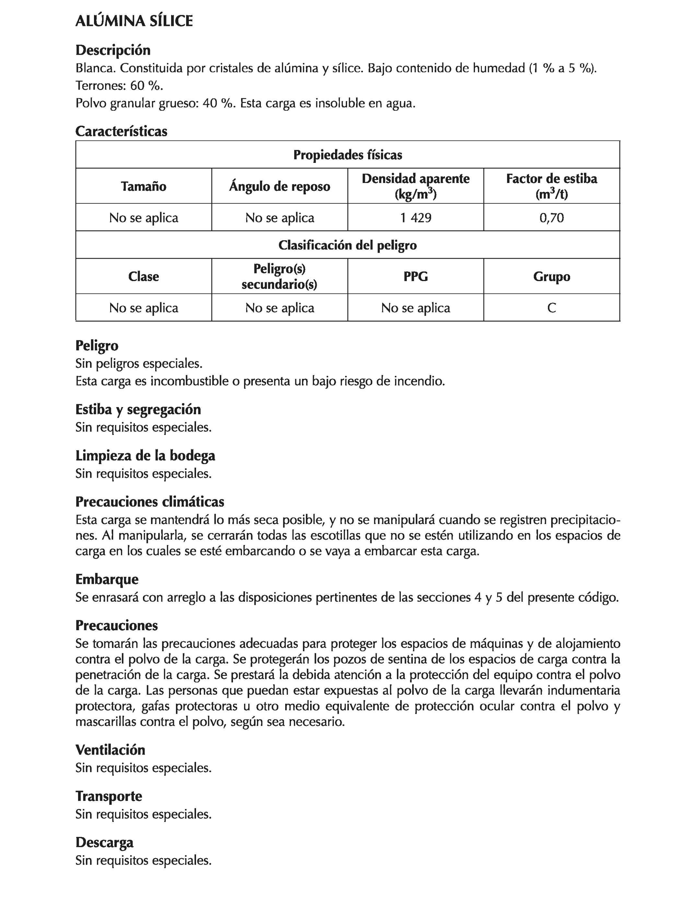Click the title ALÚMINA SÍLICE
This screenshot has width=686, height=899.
pyautogui.click(x=134, y=21)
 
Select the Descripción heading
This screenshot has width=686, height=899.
pyautogui.click(x=113, y=50)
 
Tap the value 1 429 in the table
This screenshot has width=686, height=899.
pyautogui.click(x=415, y=218)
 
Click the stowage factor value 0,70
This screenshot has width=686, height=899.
pyautogui.click(x=551, y=218)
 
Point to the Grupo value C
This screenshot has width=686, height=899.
pyautogui.click(x=551, y=308)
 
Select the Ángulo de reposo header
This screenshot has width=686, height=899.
pyautogui.click(x=279, y=187)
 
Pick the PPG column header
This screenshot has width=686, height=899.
pyautogui.click(x=415, y=276)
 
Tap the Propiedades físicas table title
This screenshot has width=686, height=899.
pyautogui.click(x=347, y=155)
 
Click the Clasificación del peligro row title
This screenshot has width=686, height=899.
pyautogui.click(x=347, y=245)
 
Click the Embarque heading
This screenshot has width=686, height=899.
pyautogui.click(x=107, y=579)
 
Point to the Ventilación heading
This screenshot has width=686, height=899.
pyautogui.click(x=110, y=750)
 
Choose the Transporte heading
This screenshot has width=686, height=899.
pyautogui.click(x=109, y=796)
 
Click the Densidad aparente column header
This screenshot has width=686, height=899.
pyautogui.click(x=415, y=186)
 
